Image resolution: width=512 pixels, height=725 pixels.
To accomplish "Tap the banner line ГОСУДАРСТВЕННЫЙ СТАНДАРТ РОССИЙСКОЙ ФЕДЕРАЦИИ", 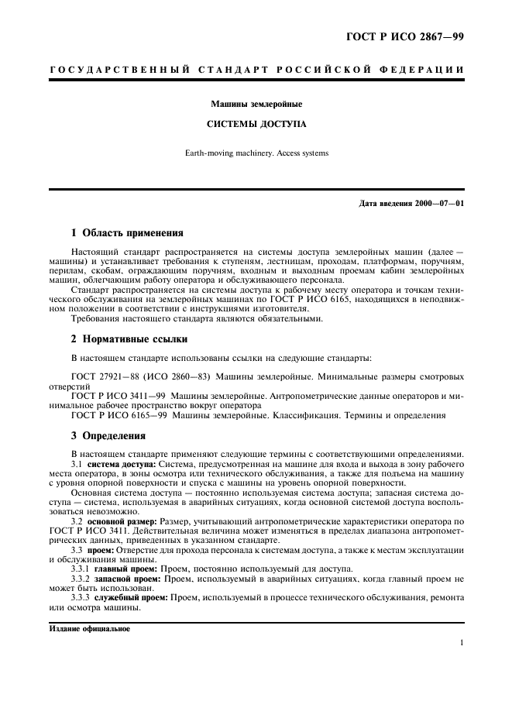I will coord(256,70).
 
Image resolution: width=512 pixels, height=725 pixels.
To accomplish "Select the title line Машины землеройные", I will coord(256,103).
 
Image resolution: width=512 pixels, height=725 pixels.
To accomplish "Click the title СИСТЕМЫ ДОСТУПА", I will coord(256,123).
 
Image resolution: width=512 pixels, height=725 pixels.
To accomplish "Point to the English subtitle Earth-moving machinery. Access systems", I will coord(256,153).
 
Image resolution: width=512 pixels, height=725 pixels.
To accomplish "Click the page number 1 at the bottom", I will coord(461,643).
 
